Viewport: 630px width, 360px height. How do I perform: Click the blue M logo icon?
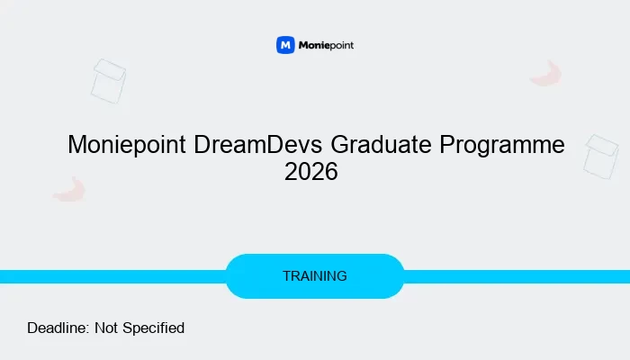285,45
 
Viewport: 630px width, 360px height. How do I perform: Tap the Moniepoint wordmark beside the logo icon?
327,45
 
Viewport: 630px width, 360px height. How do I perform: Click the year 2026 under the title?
310,172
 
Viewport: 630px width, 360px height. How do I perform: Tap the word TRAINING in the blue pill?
315,276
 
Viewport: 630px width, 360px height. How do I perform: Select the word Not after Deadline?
105,328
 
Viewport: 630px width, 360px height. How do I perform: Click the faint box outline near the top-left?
108,81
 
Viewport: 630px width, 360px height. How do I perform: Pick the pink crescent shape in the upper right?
546,74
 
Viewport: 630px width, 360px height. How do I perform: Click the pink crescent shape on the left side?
69,189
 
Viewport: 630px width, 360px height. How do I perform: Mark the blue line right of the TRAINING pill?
517,276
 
